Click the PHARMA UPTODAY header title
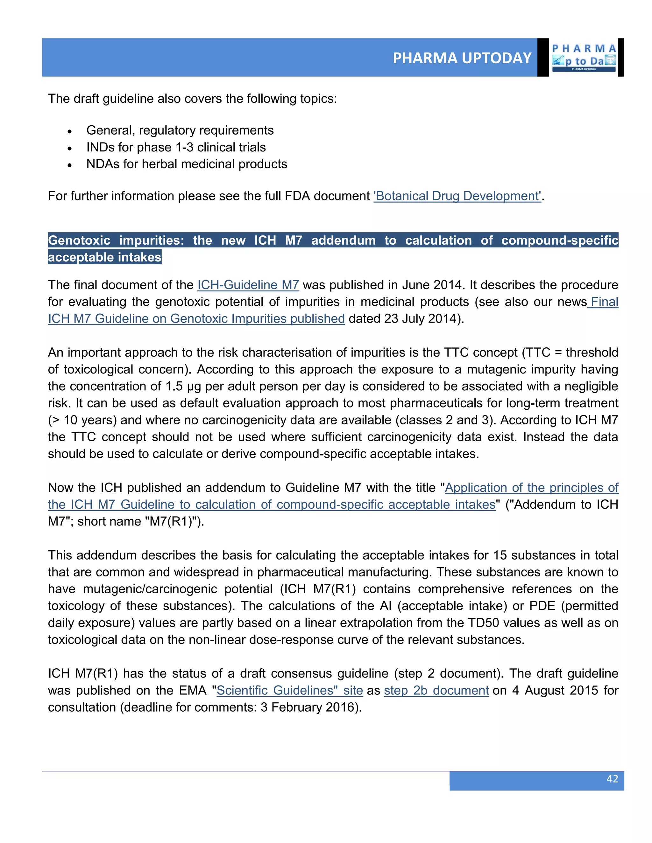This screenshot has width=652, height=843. pyautogui.click(x=462, y=58)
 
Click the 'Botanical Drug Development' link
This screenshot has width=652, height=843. pyautogui.click(x=457, y=196)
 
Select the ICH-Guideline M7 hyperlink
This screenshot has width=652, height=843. pyautogui.click(x=248, y=285)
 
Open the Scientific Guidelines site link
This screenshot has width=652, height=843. pyautogui.click(x=290, y=690)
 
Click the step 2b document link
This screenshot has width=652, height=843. pyautogui.click(x=436, y=690)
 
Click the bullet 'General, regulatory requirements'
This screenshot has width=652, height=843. pyautogui.click(x=180, y=130)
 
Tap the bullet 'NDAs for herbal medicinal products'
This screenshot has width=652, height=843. pyautogui.click(x=187, y=164)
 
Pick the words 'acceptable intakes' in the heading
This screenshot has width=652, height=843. pyautogui.click(x=104, y=257)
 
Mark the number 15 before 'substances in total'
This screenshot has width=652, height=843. pyautogui.click(x=500, y=555)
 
